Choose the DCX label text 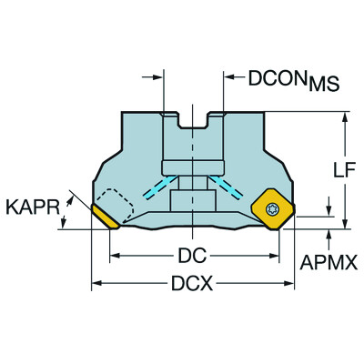click(x=191, y=285)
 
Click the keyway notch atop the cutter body click(x=193, y=118)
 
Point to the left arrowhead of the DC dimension click(x=115, y=252)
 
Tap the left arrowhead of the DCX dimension click(x=95, y=285)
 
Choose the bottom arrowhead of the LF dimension click(x=346, y=226)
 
